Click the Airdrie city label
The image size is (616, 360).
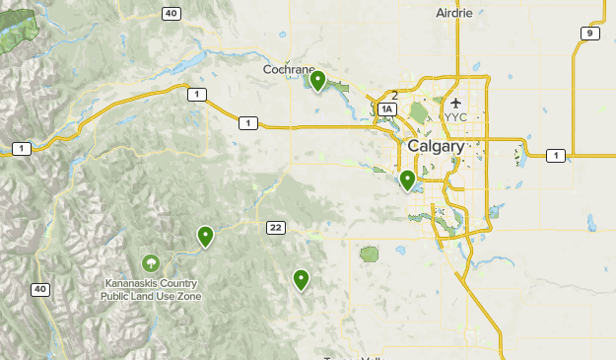point(454,13)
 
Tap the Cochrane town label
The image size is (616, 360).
point(288,70)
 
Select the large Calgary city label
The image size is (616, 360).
point(435,146)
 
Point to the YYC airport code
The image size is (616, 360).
point(455,117)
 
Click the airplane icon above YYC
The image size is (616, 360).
point(455,103)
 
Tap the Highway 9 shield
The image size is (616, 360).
point(589,34)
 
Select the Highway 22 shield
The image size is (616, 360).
point(275,228)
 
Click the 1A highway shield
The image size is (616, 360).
point(387,109)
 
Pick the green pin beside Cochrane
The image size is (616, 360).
point(317,79)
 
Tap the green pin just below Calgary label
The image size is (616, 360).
point(407,180)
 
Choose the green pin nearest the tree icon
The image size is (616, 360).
point(205,236)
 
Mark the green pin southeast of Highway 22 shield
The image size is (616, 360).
point(302,279)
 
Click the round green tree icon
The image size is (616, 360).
point(151,262)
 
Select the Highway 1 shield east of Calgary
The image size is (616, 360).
point(556,156)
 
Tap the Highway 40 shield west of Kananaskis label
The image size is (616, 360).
point(39,289)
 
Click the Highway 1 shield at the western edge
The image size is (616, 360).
point(21,149)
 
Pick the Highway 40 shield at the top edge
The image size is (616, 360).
point(171,13)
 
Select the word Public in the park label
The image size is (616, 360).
point(117,295)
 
